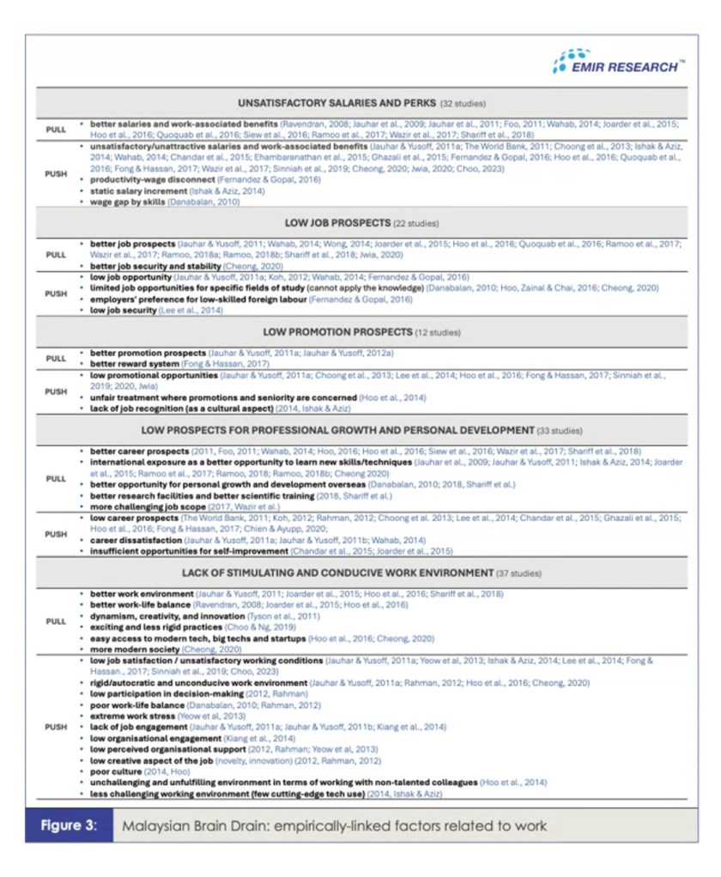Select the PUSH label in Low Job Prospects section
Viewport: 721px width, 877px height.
click(x=56, y=293)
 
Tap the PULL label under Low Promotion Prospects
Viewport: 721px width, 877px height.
click(x=56, y=358)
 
